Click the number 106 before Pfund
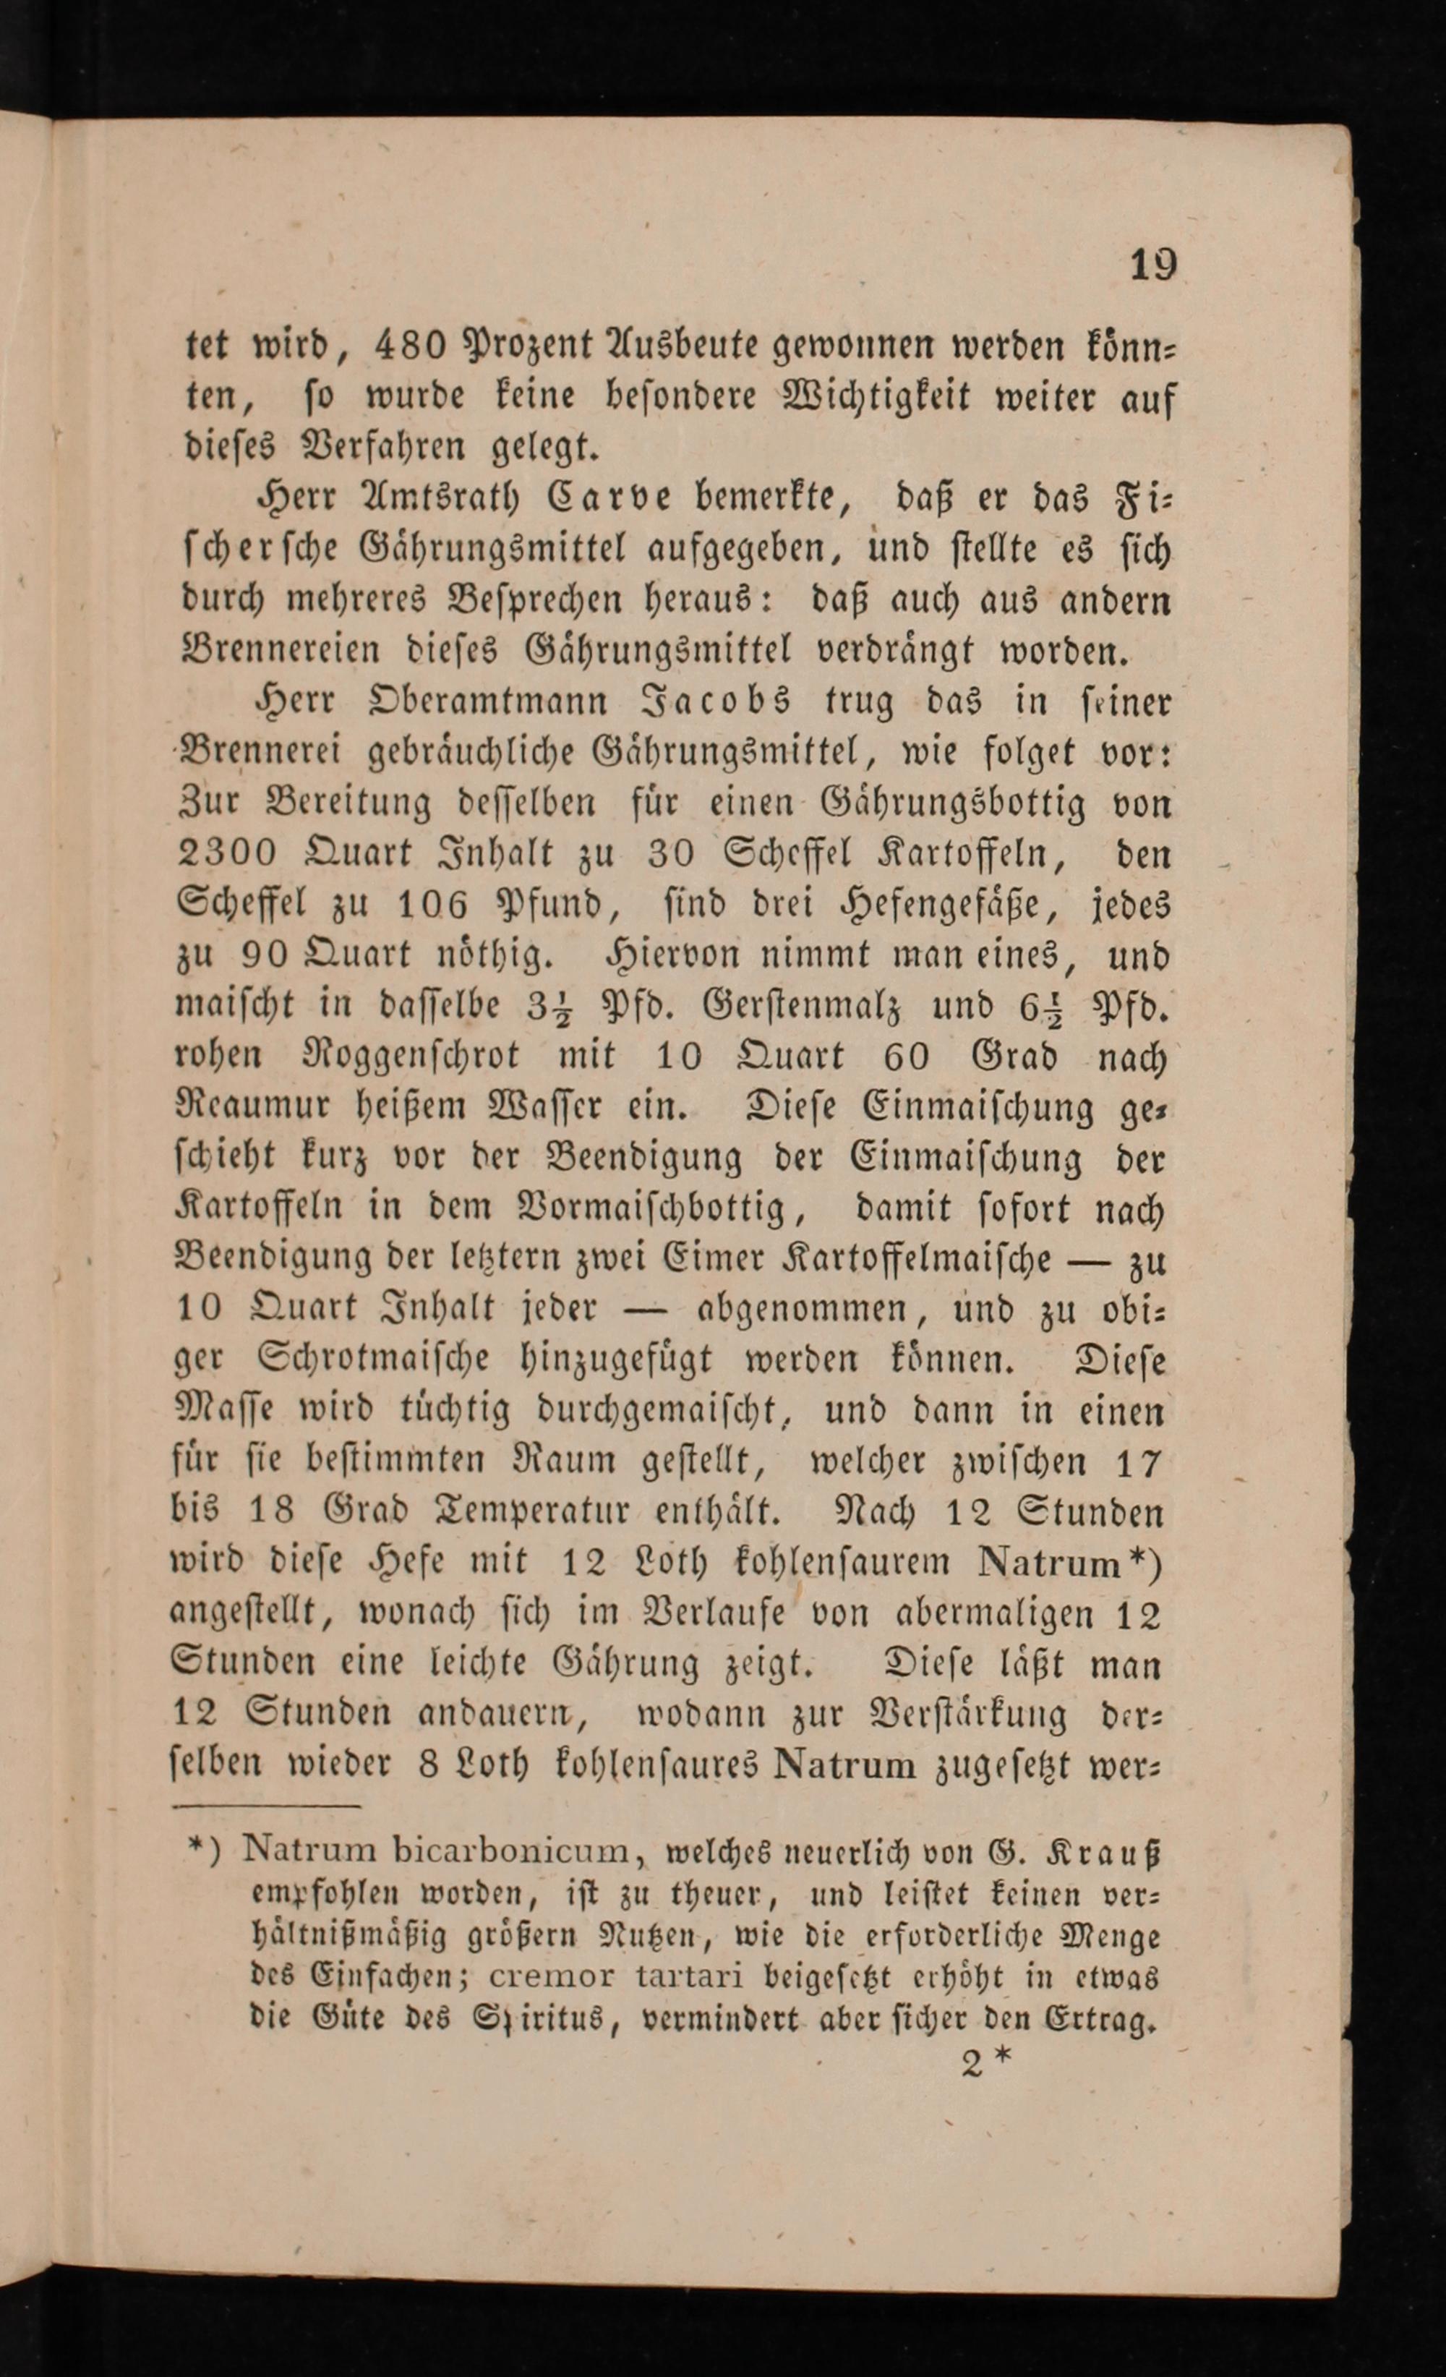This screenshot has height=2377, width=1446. pyautogui.click(x=432, y=905)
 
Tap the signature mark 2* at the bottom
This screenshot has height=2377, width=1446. pyautogui.click(x=986, y=2062)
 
